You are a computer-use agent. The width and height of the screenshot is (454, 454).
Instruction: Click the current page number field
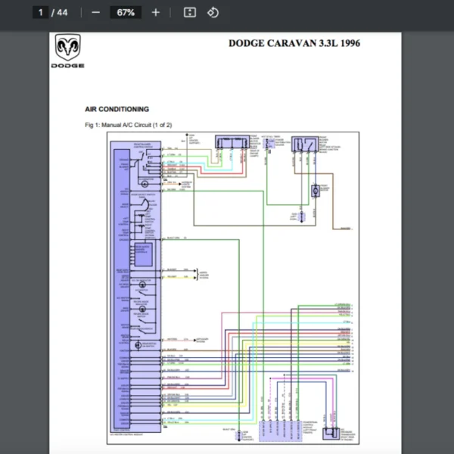(x=42, y=12)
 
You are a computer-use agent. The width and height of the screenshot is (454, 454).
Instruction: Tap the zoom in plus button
(x=156, y=12)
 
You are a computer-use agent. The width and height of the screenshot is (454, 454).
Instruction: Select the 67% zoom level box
(x=126, y=12)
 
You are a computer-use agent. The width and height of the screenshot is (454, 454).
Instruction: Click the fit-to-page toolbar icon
(x=190, y=12)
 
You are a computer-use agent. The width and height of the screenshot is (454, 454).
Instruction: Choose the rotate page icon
(x=213, y=12)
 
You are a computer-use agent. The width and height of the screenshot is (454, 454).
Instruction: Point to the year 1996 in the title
(x=350, y=43)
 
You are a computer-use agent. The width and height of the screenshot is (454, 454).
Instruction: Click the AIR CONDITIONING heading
(x=117, y=109)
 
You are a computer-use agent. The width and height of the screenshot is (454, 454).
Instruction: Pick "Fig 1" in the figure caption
(x=93, y=124)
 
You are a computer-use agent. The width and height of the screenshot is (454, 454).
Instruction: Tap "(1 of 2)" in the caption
(x=163, y=124)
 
